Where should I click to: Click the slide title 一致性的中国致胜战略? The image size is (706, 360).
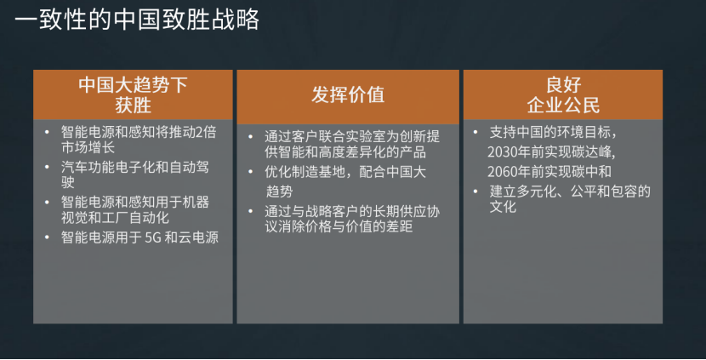click(137, 20)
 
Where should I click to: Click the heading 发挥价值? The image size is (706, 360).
click(348, 95)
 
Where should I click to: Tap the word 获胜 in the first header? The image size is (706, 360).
click(133, 106)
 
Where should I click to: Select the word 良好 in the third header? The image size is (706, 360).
click(563, 85)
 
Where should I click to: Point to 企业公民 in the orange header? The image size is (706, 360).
click(563, 106)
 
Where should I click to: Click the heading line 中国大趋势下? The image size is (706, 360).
click(133, 85)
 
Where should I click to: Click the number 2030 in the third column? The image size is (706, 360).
click(502, 151)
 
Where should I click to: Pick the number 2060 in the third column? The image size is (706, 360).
click(502, 172)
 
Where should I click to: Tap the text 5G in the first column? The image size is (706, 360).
click(152, 237)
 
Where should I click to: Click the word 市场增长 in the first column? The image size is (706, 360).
click(88, 147)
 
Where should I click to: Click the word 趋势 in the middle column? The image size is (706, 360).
click(279, 191)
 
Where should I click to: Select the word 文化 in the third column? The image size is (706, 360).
click(503, 207)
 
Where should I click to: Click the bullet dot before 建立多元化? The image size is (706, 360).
click(475, 191)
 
